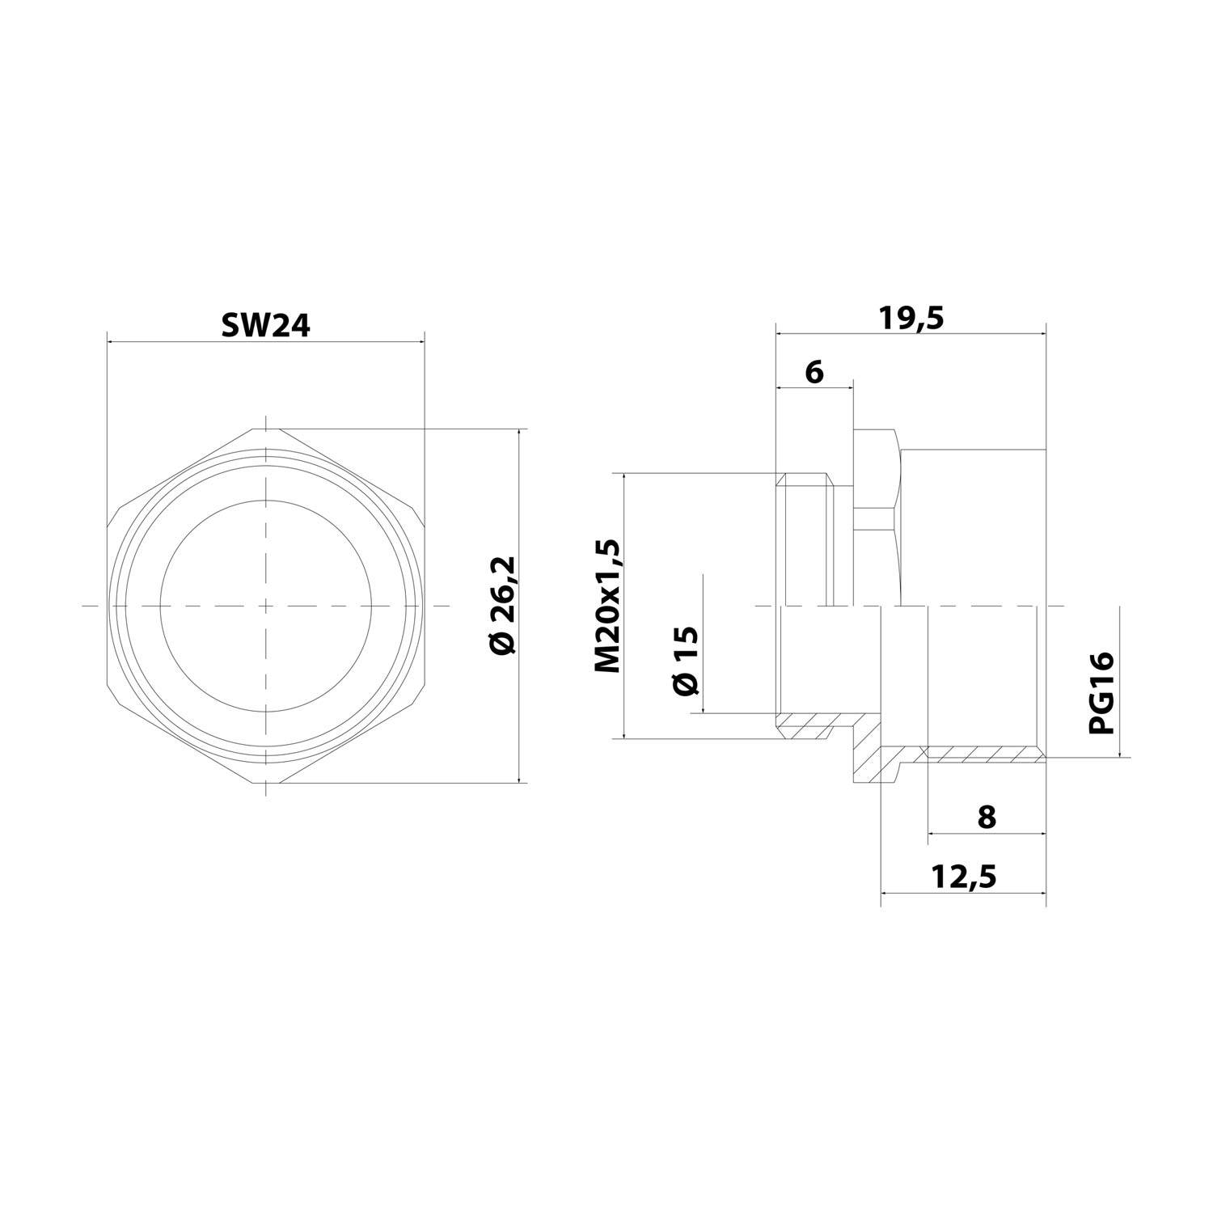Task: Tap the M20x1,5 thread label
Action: point(608,606)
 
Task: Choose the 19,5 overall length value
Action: point(911,318)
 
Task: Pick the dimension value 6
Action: point(814,372)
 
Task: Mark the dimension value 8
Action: point(986,817)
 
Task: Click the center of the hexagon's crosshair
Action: point(265,606)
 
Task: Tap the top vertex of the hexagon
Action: point(265,428)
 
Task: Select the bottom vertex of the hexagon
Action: point(265,783)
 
